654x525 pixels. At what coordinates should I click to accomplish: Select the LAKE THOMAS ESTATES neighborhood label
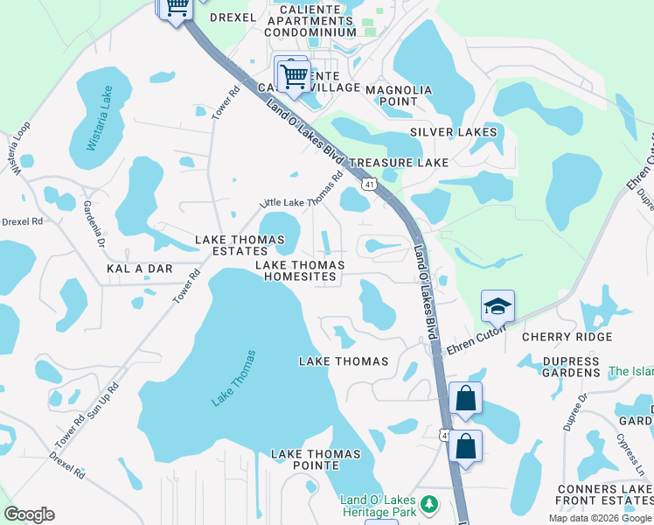point(240,245)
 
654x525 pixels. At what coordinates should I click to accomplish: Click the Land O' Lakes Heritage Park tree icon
point(428,504)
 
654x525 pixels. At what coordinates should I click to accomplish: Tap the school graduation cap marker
point(497,306)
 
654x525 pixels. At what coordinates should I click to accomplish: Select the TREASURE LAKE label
point(399,163)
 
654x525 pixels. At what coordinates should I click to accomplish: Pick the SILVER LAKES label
point(454,133)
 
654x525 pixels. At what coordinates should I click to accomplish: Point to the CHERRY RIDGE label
point(567,337)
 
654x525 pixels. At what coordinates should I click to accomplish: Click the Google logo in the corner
point(29,514)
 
